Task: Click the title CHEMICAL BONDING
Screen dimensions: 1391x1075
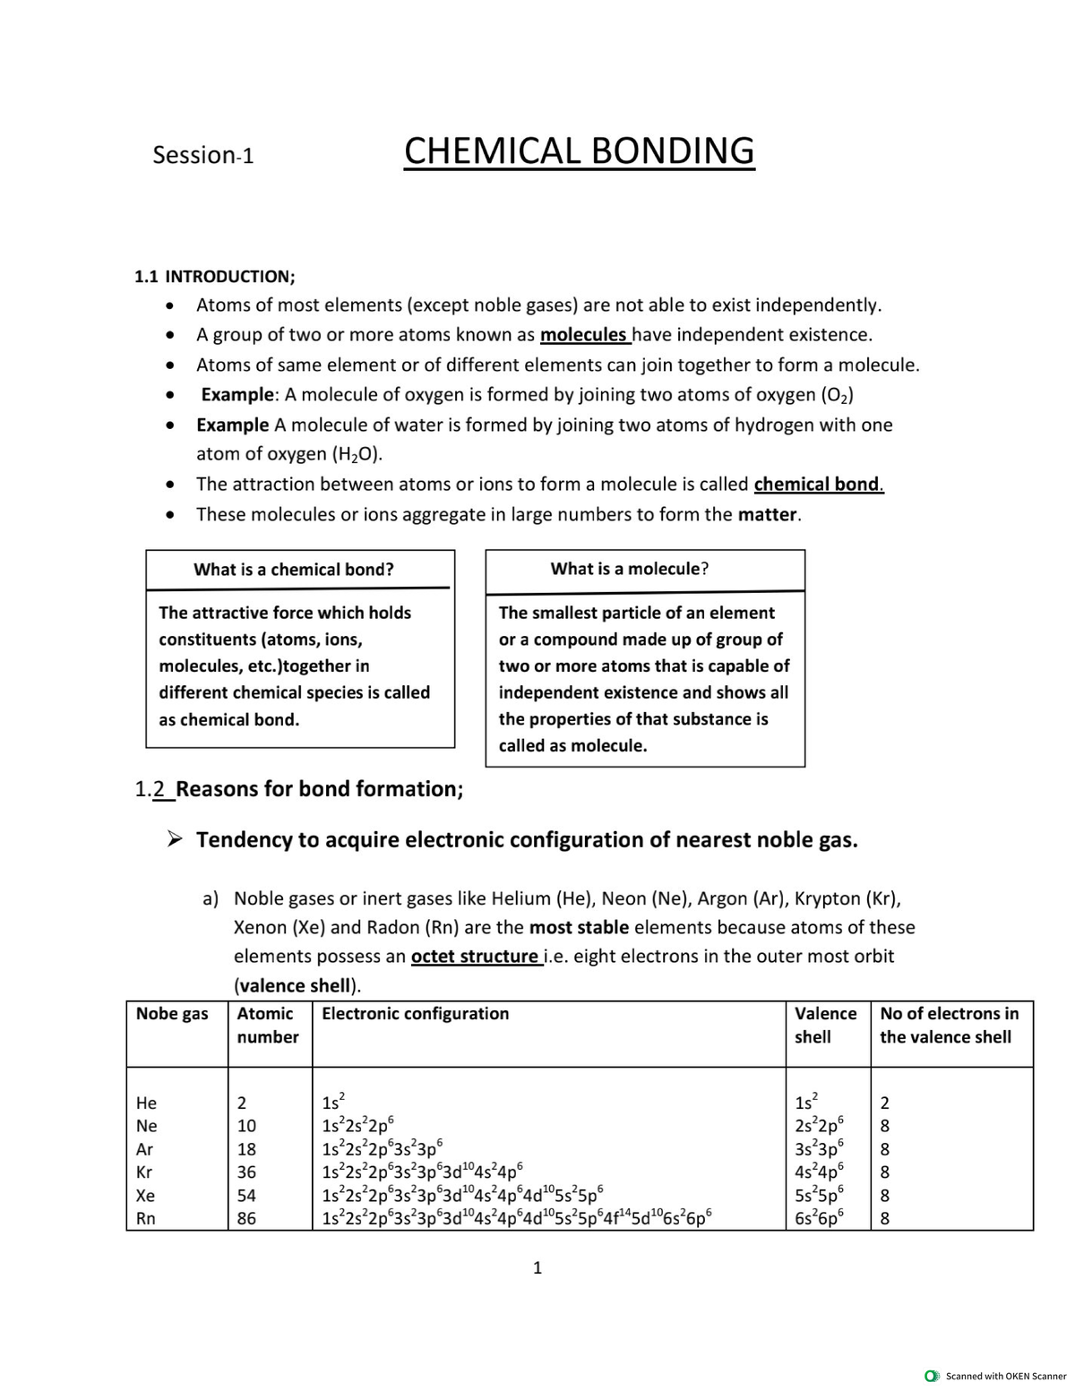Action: pyautogui.click(x=579, y=150)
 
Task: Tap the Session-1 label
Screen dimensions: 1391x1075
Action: pyautogui.click(x=202, y=155)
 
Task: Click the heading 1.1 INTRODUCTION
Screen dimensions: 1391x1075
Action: pyautogui.click(x=214, y=276)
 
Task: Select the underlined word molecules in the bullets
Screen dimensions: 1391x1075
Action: pyautogui.click(x=584, y=335)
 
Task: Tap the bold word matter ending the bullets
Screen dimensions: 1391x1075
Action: pyautogui.click(x=768, y=515)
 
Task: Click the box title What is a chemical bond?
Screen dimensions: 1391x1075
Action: pyautogui.click(x=294, y=570)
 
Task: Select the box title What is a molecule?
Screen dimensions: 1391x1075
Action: pyautogui.click(x=630, y=569)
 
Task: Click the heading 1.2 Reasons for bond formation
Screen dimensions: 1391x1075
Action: pyautogui.click(x=298, y=789)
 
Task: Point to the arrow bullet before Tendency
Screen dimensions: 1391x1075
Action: pyautogui.click(x=176, y=840)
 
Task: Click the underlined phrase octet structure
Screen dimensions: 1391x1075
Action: pyautogui.click(x=475, y=957)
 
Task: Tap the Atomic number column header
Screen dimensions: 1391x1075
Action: pyautogui.click(x=267, y=1025)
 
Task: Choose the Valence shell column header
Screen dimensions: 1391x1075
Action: pyautogui.click(x=825, y=1025)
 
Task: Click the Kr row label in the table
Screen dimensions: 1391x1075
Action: pyautogui.click(x=144, y=1172)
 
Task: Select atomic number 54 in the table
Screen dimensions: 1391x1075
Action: pyautogui.click(x=246, y=1196)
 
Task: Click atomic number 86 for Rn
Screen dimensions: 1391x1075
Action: pyautogui.click(x=246, y=1219)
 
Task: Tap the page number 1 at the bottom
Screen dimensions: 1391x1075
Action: pyautogui.click(x=537, y=1267)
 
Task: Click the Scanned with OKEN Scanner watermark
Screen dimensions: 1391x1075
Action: pyautogui.click(x=996, y=1376)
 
